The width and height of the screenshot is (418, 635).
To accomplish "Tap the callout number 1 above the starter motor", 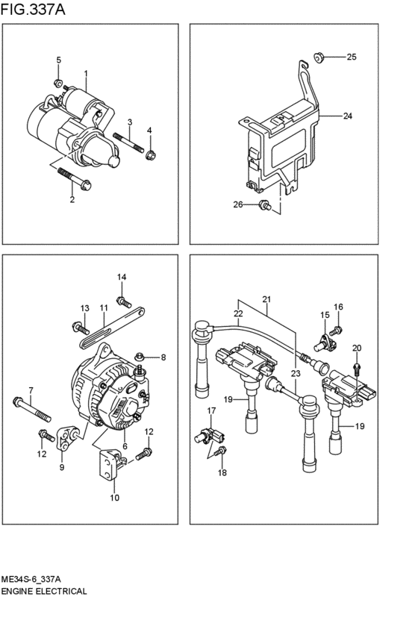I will (86, 74).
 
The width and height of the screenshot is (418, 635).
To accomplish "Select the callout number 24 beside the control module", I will (347, 116).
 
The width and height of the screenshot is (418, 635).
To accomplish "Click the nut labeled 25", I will (317, 55).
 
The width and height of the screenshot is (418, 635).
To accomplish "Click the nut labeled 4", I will (150, 155).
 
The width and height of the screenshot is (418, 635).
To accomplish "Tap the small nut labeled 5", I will (58, 81).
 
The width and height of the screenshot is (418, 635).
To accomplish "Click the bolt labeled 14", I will (126, 303).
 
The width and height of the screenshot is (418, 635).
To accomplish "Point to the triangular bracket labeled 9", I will (70, 439).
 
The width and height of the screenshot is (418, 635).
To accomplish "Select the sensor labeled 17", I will (208, 434).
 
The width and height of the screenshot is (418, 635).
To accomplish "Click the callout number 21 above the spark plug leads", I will (266, 300).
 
